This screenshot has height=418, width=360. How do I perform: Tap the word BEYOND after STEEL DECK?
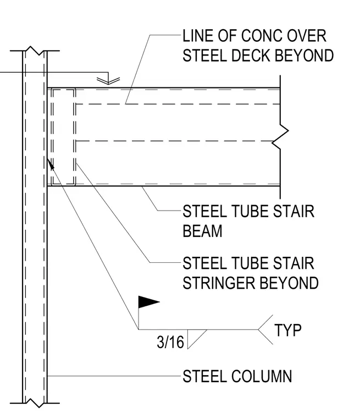[x=304, y=56]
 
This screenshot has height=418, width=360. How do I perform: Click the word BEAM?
[x=202, y=231]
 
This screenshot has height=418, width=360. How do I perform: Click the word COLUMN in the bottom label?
[x=262, y=376]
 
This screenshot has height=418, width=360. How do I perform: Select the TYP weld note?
[x=288, y=330]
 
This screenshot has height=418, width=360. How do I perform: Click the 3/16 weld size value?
[x=170, y=342]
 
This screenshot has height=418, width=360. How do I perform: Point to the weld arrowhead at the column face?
[x=51, y=164]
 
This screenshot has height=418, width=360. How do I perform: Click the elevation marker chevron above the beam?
[x=108, y=80]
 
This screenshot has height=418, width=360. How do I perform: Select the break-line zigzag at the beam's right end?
[x=280, y=137]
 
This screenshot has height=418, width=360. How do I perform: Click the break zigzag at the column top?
[x=35, y=51]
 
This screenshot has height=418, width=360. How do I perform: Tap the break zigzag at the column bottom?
[x=35, y=403]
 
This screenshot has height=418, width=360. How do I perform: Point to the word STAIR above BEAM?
[x=293, y=211]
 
